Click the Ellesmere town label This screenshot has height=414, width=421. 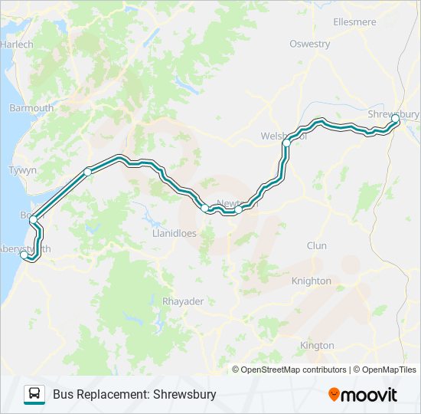(376, 22)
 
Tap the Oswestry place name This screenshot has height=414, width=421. (309, 44)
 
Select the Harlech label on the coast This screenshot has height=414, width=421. (17, 44)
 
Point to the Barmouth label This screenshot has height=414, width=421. (31, 108)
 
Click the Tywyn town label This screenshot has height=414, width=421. (22, 170)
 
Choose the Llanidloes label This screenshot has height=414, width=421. (175, 233)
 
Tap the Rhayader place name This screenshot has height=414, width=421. (183, 301)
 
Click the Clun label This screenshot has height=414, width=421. (316, 246)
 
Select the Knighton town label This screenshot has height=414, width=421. (312, 281)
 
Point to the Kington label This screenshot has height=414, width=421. (317, 346)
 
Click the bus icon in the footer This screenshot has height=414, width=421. (34, 394)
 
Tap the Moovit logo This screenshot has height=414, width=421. (363, 394)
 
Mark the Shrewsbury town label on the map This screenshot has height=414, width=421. (393, 114)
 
